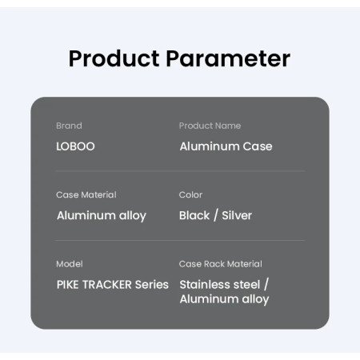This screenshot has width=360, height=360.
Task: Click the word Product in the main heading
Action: coord(114,58)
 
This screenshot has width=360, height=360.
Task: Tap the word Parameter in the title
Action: coord(228,58)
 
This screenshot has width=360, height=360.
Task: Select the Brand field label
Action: coord(69,126)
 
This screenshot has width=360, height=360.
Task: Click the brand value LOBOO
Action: coord(75,146)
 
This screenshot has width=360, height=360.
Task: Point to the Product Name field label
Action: coord(210,126)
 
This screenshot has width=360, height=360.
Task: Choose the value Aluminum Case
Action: coord(226,146)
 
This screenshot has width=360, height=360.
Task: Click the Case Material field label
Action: coord(86,194)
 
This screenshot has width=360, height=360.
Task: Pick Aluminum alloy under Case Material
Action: coord(102,216)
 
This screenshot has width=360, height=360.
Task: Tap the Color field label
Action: coord(190,194)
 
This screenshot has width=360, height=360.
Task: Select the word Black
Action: coord(194,215)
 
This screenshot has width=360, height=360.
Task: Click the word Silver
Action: coord(237,215)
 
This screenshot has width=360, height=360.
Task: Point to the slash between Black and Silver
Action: coord(216,215)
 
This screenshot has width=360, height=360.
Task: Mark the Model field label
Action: coord(70,264)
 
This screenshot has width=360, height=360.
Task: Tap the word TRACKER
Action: coord(106,285)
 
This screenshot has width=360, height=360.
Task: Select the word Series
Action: coord(152,285)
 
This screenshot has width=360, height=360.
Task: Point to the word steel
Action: coord(246,285)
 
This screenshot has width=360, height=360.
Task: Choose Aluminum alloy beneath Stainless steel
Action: coord(224,299)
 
